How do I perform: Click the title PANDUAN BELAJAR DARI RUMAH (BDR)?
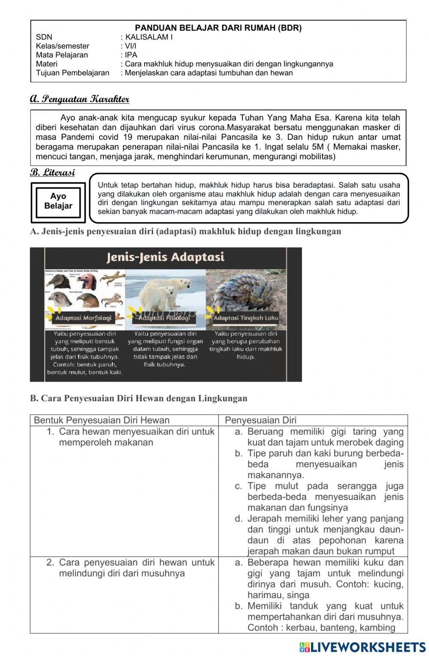218,28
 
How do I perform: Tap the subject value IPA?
131,55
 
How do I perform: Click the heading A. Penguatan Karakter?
80,99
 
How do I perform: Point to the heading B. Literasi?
52,173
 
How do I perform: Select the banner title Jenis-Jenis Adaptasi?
165,257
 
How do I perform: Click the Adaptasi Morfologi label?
83,318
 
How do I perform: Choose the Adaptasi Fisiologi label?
164,318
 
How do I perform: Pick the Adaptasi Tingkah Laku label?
246,318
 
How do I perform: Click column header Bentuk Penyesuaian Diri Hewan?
102,420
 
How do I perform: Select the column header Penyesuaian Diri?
260,420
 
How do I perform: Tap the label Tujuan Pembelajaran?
73,73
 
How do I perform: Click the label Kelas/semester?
63,46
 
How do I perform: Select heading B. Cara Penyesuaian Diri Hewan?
139,398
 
